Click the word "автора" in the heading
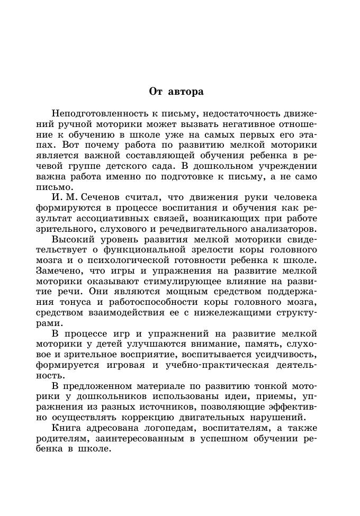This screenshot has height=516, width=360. [186, 92]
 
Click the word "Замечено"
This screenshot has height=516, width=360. [62, 270]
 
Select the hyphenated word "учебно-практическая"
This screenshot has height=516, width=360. [212, 364]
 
